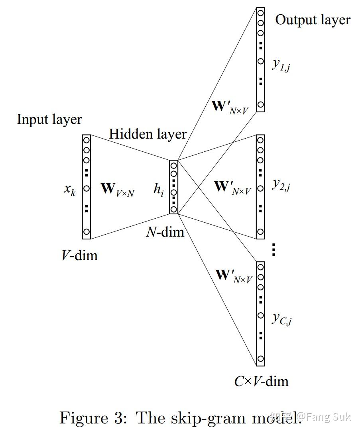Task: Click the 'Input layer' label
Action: pyautogui.click(x=49, y=120)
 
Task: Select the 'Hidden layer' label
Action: pyautogui.click(x=148, y=134)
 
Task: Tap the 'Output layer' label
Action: pyautogui.click(x=313, y=20)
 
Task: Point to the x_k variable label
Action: pyautogui.click(x=69, y=188)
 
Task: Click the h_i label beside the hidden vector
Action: pyautogui.click(x=159, y=189)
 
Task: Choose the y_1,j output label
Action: pyautogui.click(x=281, y=64)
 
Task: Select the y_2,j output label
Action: pyautogui.click(x=281, y=184)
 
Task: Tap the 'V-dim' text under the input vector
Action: pyautogui.click(x=79, y=255)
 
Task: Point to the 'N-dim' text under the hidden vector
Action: pyautogui.click(x=165, y=231)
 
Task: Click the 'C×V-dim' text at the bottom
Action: pyautogui.click(x=261, y=381)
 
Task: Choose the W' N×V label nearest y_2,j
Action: pyautogui.click(x=233, y=187)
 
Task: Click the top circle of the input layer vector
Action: pyautogui.click(x=87, y=140)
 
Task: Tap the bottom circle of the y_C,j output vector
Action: pyautogui.click(x=260, y=359)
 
